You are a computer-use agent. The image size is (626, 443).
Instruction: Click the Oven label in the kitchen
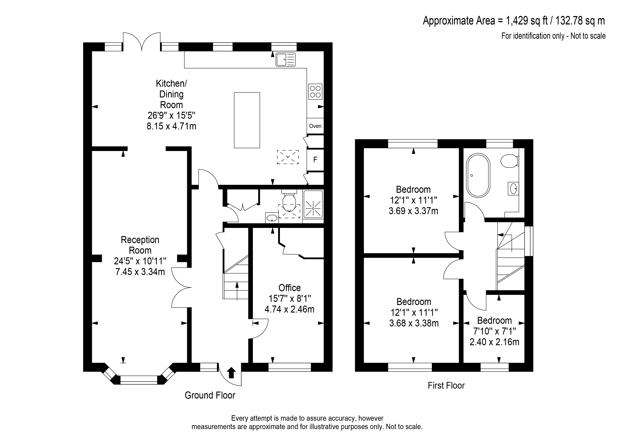[x=315, y=126]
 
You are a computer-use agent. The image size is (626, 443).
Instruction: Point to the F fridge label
[x=315, y=160]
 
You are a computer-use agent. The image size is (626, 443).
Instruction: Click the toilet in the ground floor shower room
[x=289, y=200]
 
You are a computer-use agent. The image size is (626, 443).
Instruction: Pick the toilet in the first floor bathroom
[x=509, y=161]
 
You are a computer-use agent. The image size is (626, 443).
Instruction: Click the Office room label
[x=290, y=288]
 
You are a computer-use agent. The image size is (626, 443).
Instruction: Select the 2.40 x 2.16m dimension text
[x=494, y=342]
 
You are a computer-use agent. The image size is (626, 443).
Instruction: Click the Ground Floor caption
[x=210, y=395]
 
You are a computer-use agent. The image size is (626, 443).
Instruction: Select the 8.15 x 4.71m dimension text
[x=171, y=126]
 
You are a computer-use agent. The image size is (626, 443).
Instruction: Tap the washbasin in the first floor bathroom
[x=513, y=188]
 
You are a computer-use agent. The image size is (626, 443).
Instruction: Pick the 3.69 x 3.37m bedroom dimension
[x=413, y=211]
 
